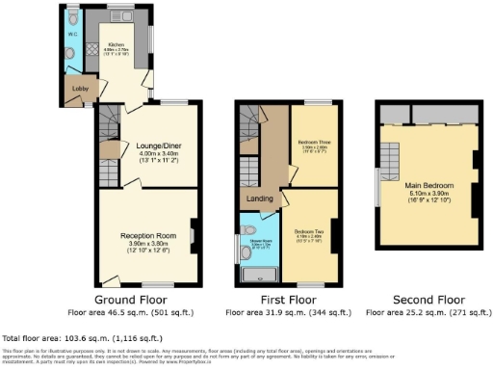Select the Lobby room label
pos(78,93)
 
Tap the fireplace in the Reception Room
pos(193,232)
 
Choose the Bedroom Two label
pos(311,231)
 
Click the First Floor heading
pos(286,301)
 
